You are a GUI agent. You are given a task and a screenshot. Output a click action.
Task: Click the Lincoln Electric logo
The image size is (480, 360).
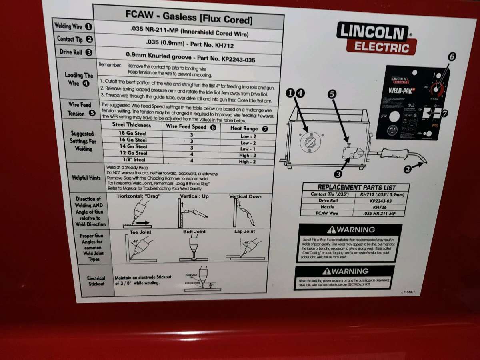376,38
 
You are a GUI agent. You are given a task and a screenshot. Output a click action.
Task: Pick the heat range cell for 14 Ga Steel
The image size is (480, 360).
248,149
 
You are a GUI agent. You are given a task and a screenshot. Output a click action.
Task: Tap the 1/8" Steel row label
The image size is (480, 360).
132,160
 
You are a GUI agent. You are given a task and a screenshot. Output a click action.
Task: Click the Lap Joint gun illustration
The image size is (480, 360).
245,248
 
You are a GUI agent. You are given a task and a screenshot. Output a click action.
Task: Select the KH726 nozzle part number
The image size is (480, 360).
380,207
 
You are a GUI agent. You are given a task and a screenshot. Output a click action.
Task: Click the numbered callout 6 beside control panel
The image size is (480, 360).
451,56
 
